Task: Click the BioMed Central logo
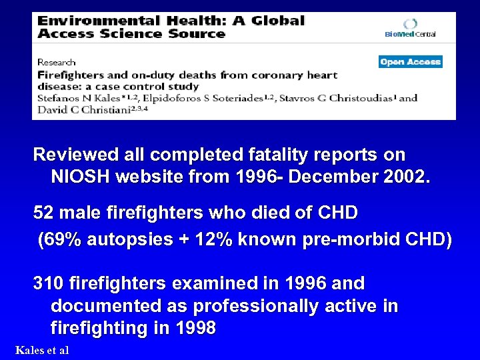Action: click(x=410, y=27)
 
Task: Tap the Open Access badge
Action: click(x=411, y=62)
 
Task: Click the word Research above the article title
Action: click(x=56, y=63)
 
